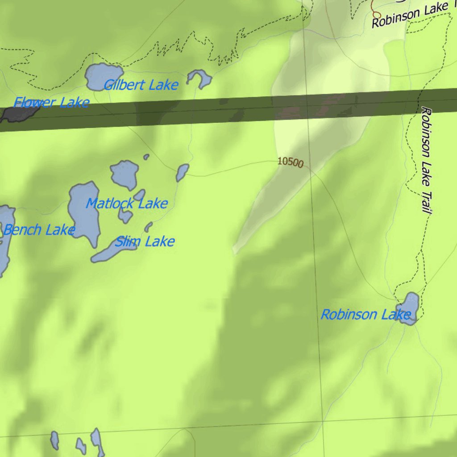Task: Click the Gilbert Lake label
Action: pyautogui.click(x=141, y=85)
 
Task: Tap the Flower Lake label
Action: pyautogui.click(x=51, y=103)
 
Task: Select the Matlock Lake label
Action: pyautogui.click(x=127, y=204)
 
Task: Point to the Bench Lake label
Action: pyautogui.click(x=38, y=230)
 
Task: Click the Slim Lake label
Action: pyautogui.click(x=145, y=242)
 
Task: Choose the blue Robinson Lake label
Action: pyautogui.click(x=366, y=315)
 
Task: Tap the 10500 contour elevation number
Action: pyautogui.click(x=290, y=162)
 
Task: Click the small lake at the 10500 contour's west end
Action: pyautogui.click(x=182, y=172)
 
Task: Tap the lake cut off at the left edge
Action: pyautogui.click(x=5, y=237)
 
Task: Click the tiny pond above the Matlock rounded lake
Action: pyautogui.click(x=146, y=157)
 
